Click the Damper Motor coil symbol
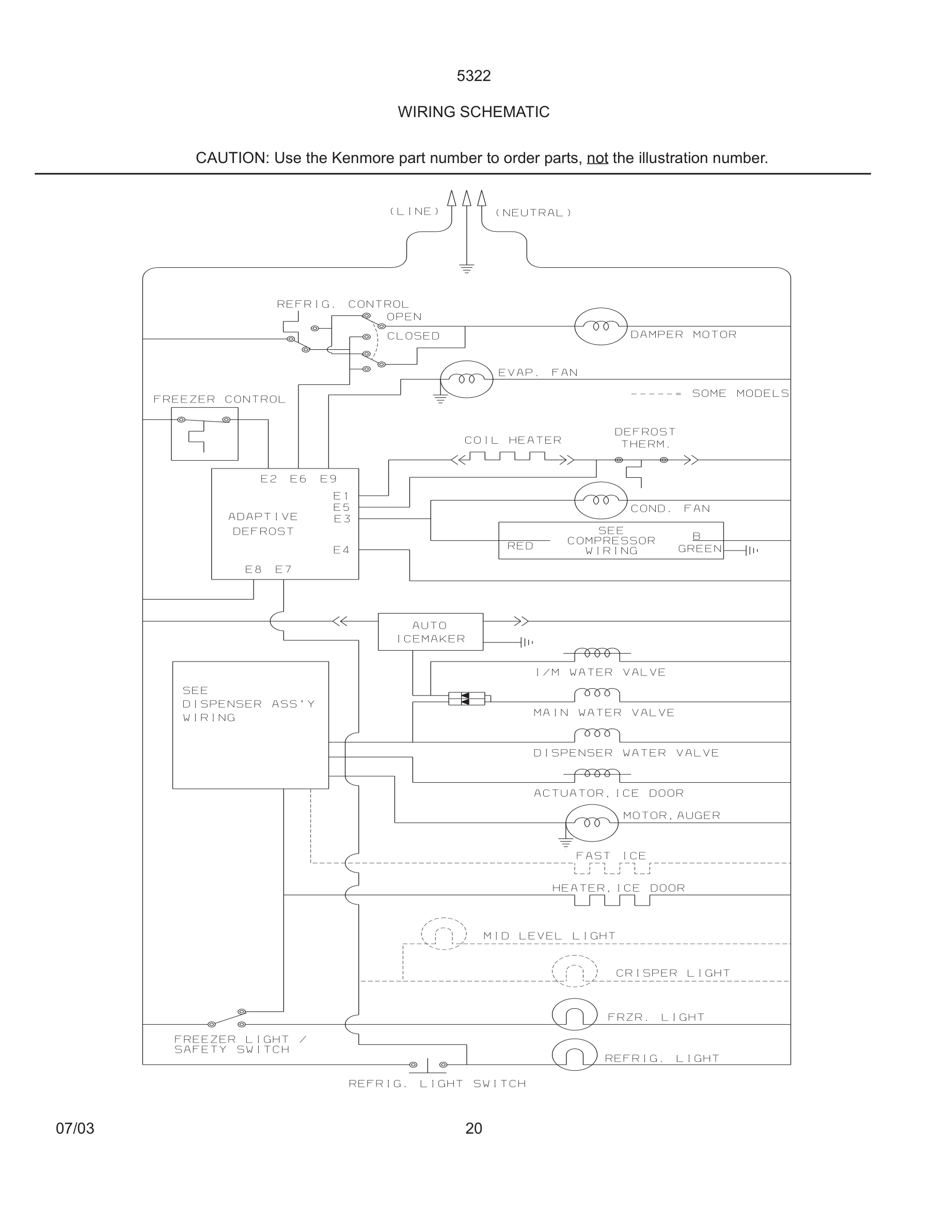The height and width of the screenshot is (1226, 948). point(601,326)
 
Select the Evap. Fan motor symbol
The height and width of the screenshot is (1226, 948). point(466,379)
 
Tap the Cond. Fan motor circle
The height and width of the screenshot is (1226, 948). point(601,499)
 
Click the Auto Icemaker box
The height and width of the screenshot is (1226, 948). point(430,632)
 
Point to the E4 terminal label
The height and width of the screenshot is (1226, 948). point(341,550)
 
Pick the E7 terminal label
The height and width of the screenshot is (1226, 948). point(283,569)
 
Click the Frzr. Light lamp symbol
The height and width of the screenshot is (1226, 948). point(574,1014)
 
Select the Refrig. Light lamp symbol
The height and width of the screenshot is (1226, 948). point(574,1055)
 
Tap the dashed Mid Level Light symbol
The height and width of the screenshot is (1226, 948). point(444,933)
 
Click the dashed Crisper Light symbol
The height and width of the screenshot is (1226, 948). point(574,971)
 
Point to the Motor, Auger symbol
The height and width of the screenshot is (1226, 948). point(591,823)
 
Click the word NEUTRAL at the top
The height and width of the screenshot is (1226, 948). point(533,213)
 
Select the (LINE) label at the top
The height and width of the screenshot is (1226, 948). point(415,212)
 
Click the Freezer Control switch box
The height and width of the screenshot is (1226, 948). point(204,433)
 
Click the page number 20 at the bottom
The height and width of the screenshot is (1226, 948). point(473,1128)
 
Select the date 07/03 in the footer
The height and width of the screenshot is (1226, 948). point(75,1128)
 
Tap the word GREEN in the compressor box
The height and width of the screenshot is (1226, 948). point(699,549)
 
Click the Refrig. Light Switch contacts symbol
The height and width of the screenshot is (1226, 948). point(428,1065)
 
